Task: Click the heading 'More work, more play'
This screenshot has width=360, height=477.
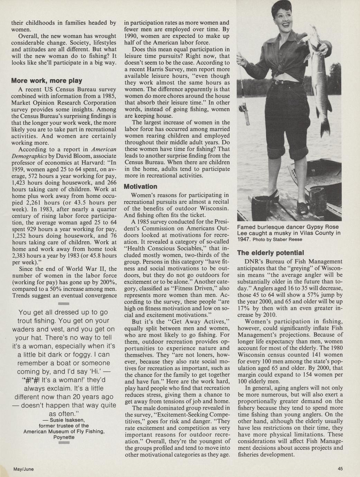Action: (x=47, y=81)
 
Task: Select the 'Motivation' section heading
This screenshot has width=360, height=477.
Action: (x=140, y=186)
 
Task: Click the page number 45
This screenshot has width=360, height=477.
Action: (x=341, y=469)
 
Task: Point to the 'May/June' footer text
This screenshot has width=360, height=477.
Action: (x=24, y=469)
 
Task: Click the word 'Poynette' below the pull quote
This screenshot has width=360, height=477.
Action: (x=64, y=437)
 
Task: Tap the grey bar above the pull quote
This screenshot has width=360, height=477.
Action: (x=64, y=303)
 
